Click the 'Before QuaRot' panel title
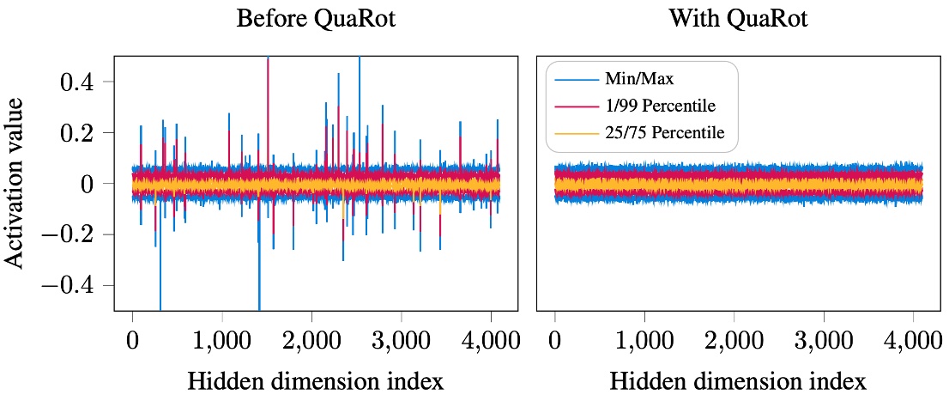point(316,19)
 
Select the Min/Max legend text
point(638,80)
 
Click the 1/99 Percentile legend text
point(662,106)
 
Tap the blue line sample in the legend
point(576,80)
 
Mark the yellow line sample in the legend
point(576,133)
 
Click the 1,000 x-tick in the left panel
point(221,339)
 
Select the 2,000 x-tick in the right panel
point(734,339)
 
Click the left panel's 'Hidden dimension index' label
point(316,379)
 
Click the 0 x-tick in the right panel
point(555,339)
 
